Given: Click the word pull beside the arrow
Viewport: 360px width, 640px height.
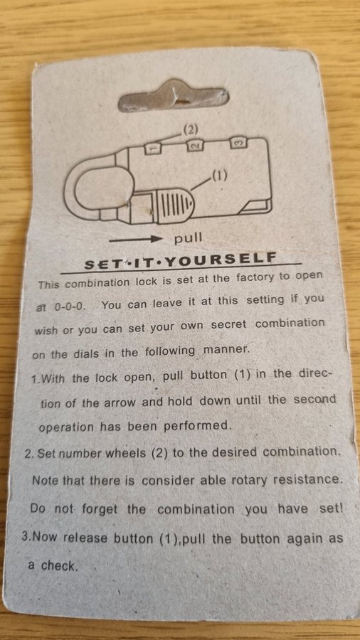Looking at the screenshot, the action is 188,238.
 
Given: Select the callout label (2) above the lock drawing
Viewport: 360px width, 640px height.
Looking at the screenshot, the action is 190,130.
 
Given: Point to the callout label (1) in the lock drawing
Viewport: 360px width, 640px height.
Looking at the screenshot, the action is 219,176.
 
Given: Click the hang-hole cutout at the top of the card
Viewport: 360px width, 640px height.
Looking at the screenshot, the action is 173,96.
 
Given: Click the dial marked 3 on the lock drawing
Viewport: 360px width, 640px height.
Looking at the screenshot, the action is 239,143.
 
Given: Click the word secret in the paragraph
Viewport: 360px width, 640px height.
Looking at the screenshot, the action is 228,324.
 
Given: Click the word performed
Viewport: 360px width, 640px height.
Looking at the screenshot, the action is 198,426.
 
